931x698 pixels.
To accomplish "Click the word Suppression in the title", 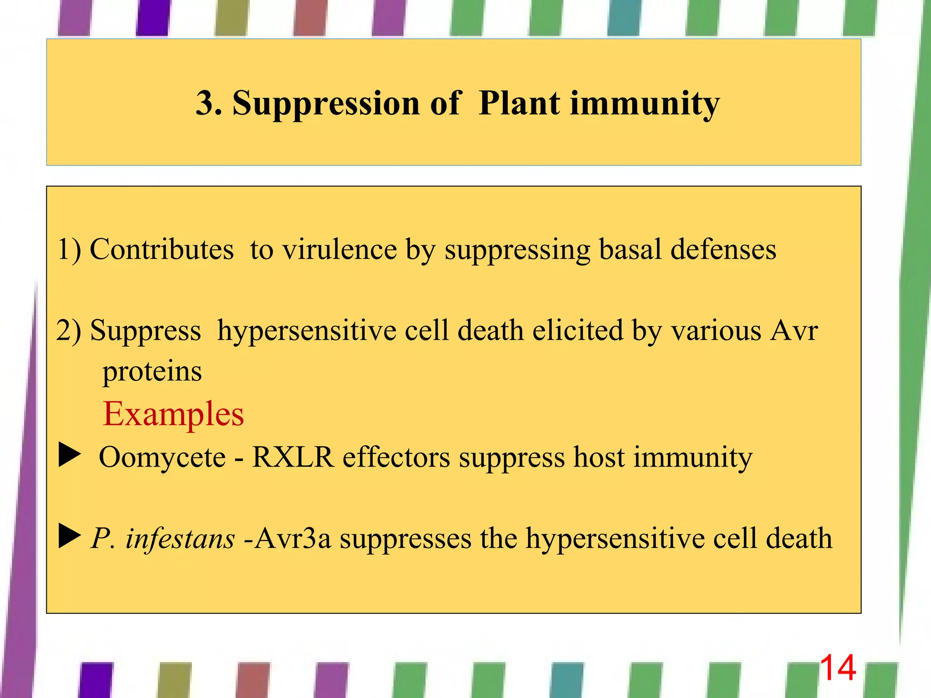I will pyautogui.click(x=325, y=104).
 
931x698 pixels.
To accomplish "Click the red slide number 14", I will pyautogui.click(x=838, y=668).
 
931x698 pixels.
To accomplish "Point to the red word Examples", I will pyautogui.click(x=173, y=414).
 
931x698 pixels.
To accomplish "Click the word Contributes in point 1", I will pyautogui.click(x=161, y=249).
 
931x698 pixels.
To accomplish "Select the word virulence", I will pyautogui.click(x=340, y=249).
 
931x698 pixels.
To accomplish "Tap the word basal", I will pyautogui.click(x=630, y=249).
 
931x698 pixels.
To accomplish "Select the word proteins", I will pyautogui.click(x=152, y=372).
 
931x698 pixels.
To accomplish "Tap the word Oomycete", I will pyautogui.click(x=162, y=457).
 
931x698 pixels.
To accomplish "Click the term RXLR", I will pyautogui.click(x=293, y=457).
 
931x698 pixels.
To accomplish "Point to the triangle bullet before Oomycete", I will pyautogui.click(x=69, y=456).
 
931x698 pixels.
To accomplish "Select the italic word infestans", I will pyautogui.click(x=180, y=538).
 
